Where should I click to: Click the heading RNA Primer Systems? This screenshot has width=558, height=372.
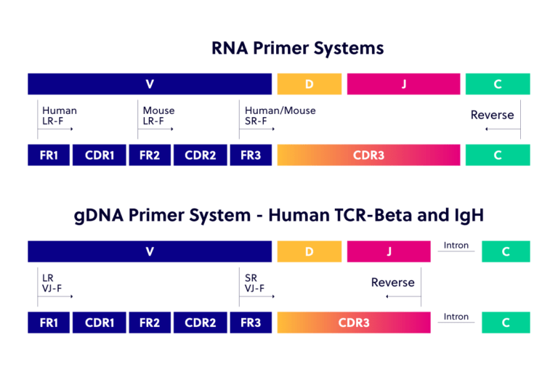[x=297, y=49]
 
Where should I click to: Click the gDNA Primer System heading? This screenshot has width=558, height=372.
[x=279, y=217]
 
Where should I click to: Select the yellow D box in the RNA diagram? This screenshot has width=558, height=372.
[x=309, y=84]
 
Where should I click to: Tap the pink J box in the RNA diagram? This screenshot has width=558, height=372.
[x=403, y=84]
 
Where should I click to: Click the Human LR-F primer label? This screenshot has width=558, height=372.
[x=59, y=115]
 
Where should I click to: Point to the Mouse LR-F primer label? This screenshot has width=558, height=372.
[x=158, y=115]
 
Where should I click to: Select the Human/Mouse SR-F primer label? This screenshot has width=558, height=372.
[x=280, y=115]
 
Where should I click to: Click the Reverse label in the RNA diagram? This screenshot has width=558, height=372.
[x=492, y=115]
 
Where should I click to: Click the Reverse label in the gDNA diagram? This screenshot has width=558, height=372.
[x=392, y=282]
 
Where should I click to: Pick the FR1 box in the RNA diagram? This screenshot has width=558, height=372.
[x=49, y=155]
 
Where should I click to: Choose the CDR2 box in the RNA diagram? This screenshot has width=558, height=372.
[x=200, y=155]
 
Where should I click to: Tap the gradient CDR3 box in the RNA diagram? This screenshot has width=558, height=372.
[x=368, y=155]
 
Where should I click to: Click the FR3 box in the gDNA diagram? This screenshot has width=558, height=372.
[x=250, y=323]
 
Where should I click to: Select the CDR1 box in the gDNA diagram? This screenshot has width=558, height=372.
[x=99, y=323]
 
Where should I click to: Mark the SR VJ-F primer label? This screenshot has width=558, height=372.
[x=254, y=283]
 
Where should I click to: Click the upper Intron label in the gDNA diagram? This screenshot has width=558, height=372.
[x=456, y=246]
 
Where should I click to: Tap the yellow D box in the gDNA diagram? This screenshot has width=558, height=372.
[x=309, y=251]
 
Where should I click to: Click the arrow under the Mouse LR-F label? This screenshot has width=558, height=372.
[x=156, y=129]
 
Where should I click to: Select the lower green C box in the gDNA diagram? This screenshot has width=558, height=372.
[x=506, y=323]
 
